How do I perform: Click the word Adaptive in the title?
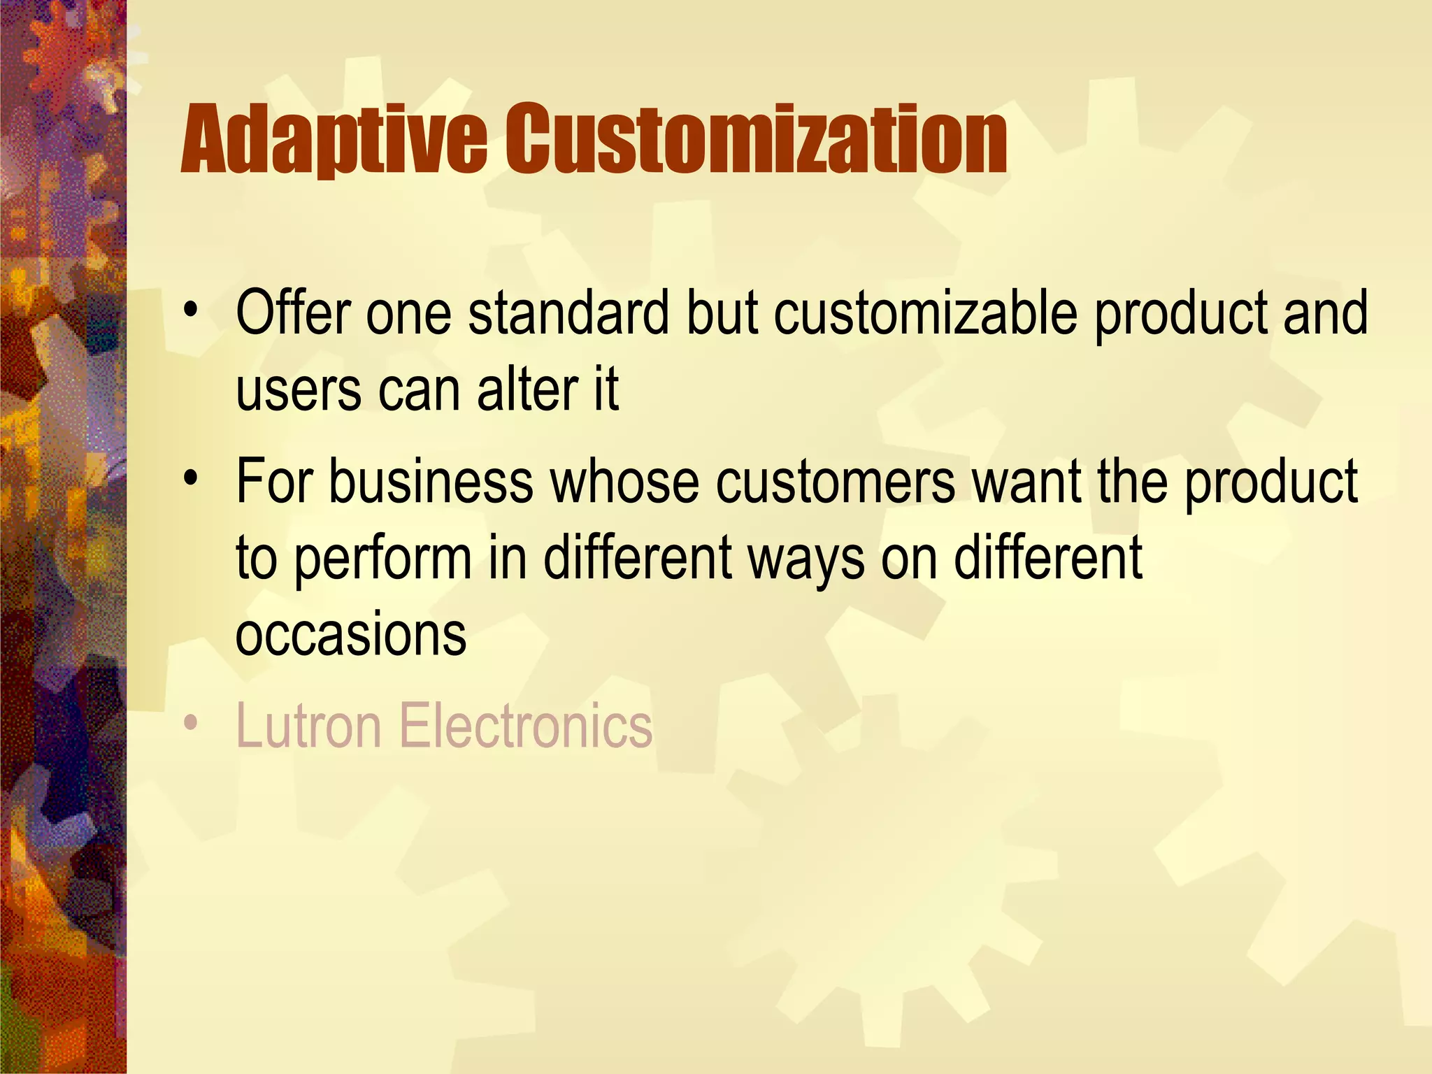click(x=334, y=140)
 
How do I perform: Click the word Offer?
click(x=293, y=313)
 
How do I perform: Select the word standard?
click(x=568, y=313)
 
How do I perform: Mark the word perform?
click(x=382, y=559)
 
